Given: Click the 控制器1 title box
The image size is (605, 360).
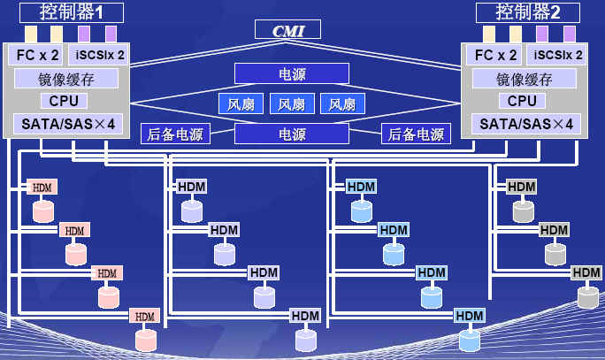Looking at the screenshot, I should coord(69,12).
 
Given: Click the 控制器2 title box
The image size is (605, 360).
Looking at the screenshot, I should coord(527,12).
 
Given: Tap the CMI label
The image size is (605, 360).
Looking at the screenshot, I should coord(288,31).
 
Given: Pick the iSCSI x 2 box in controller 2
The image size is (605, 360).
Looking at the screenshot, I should coord(555,55).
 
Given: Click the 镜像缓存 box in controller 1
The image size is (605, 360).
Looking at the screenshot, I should coord(65,78).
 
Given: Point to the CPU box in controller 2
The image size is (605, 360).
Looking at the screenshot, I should coord(522,101).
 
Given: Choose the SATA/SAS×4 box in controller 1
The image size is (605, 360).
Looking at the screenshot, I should coord(65,124).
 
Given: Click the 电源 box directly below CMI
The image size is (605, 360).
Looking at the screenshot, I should coord(291,73).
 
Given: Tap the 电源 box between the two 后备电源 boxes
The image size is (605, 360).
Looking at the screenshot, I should coord(291,134).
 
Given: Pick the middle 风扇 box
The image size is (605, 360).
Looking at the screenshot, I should coord(291,104).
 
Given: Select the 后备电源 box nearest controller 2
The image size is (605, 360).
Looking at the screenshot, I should coord(415,134).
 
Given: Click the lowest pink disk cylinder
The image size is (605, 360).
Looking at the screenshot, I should coord(145,339).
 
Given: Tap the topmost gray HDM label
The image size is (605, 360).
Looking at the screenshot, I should coord(521,187).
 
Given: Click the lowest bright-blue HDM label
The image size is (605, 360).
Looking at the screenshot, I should coord(469,316).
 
